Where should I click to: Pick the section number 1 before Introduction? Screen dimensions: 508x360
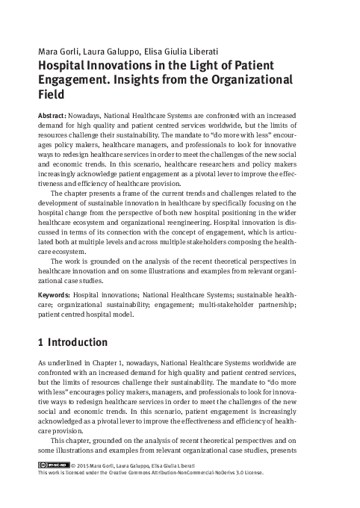click(40, 343)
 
